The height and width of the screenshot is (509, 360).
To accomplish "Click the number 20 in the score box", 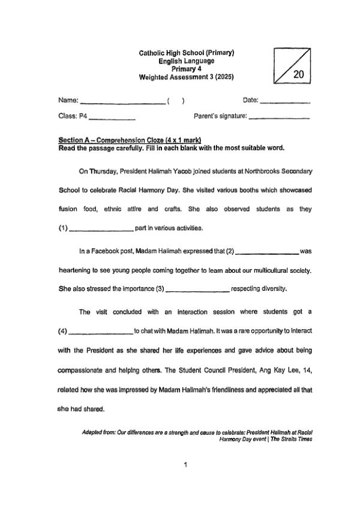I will pos(299,74).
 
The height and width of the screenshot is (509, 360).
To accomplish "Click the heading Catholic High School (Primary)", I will pos(187,53).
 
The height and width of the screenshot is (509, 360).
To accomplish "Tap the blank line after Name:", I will pos(123,103).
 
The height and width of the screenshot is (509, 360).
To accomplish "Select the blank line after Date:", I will pos(286,103).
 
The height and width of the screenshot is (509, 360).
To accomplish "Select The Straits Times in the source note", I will pos(292,439).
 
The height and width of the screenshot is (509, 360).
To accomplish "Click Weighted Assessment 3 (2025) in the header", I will pos(187,77).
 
